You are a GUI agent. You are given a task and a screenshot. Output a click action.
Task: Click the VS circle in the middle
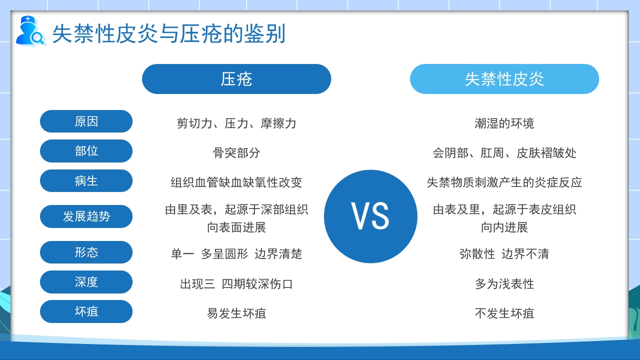(370, 216)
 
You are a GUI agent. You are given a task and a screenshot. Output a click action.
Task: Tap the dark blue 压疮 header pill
(236, 79)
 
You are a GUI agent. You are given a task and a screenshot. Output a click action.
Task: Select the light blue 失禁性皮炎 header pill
(504, 79)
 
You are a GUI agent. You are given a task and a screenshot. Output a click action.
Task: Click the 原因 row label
(86, 121)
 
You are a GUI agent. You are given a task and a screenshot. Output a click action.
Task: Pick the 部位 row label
(86, 151)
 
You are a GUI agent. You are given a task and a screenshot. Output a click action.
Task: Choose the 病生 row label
(86, 181)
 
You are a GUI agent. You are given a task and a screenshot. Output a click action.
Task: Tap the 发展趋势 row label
(86, 216)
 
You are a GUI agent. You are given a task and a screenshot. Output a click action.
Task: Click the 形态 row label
(86, 252)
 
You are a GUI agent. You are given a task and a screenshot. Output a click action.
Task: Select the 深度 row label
(86, 282)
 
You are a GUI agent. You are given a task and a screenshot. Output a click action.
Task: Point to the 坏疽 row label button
(86, 311)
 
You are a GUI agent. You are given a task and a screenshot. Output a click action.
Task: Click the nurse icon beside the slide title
(29, 31)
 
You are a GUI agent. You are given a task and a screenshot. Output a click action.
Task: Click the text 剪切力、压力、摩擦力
(236, 123)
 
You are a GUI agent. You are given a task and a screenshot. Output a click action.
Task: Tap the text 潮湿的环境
(504, 123)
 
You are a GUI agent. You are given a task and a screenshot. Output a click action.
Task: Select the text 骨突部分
(236, 152)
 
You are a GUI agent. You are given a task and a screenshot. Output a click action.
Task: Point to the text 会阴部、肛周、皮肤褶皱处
(504, 152)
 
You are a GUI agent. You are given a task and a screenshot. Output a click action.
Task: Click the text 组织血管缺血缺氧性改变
(236, 182)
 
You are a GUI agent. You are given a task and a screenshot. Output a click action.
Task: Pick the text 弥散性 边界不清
(504, 254)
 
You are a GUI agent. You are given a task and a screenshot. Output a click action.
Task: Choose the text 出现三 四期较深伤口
(236, 284)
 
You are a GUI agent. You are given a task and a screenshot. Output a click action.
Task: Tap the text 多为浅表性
(504, 284)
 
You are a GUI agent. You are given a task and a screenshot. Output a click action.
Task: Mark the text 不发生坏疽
(504, 313)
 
